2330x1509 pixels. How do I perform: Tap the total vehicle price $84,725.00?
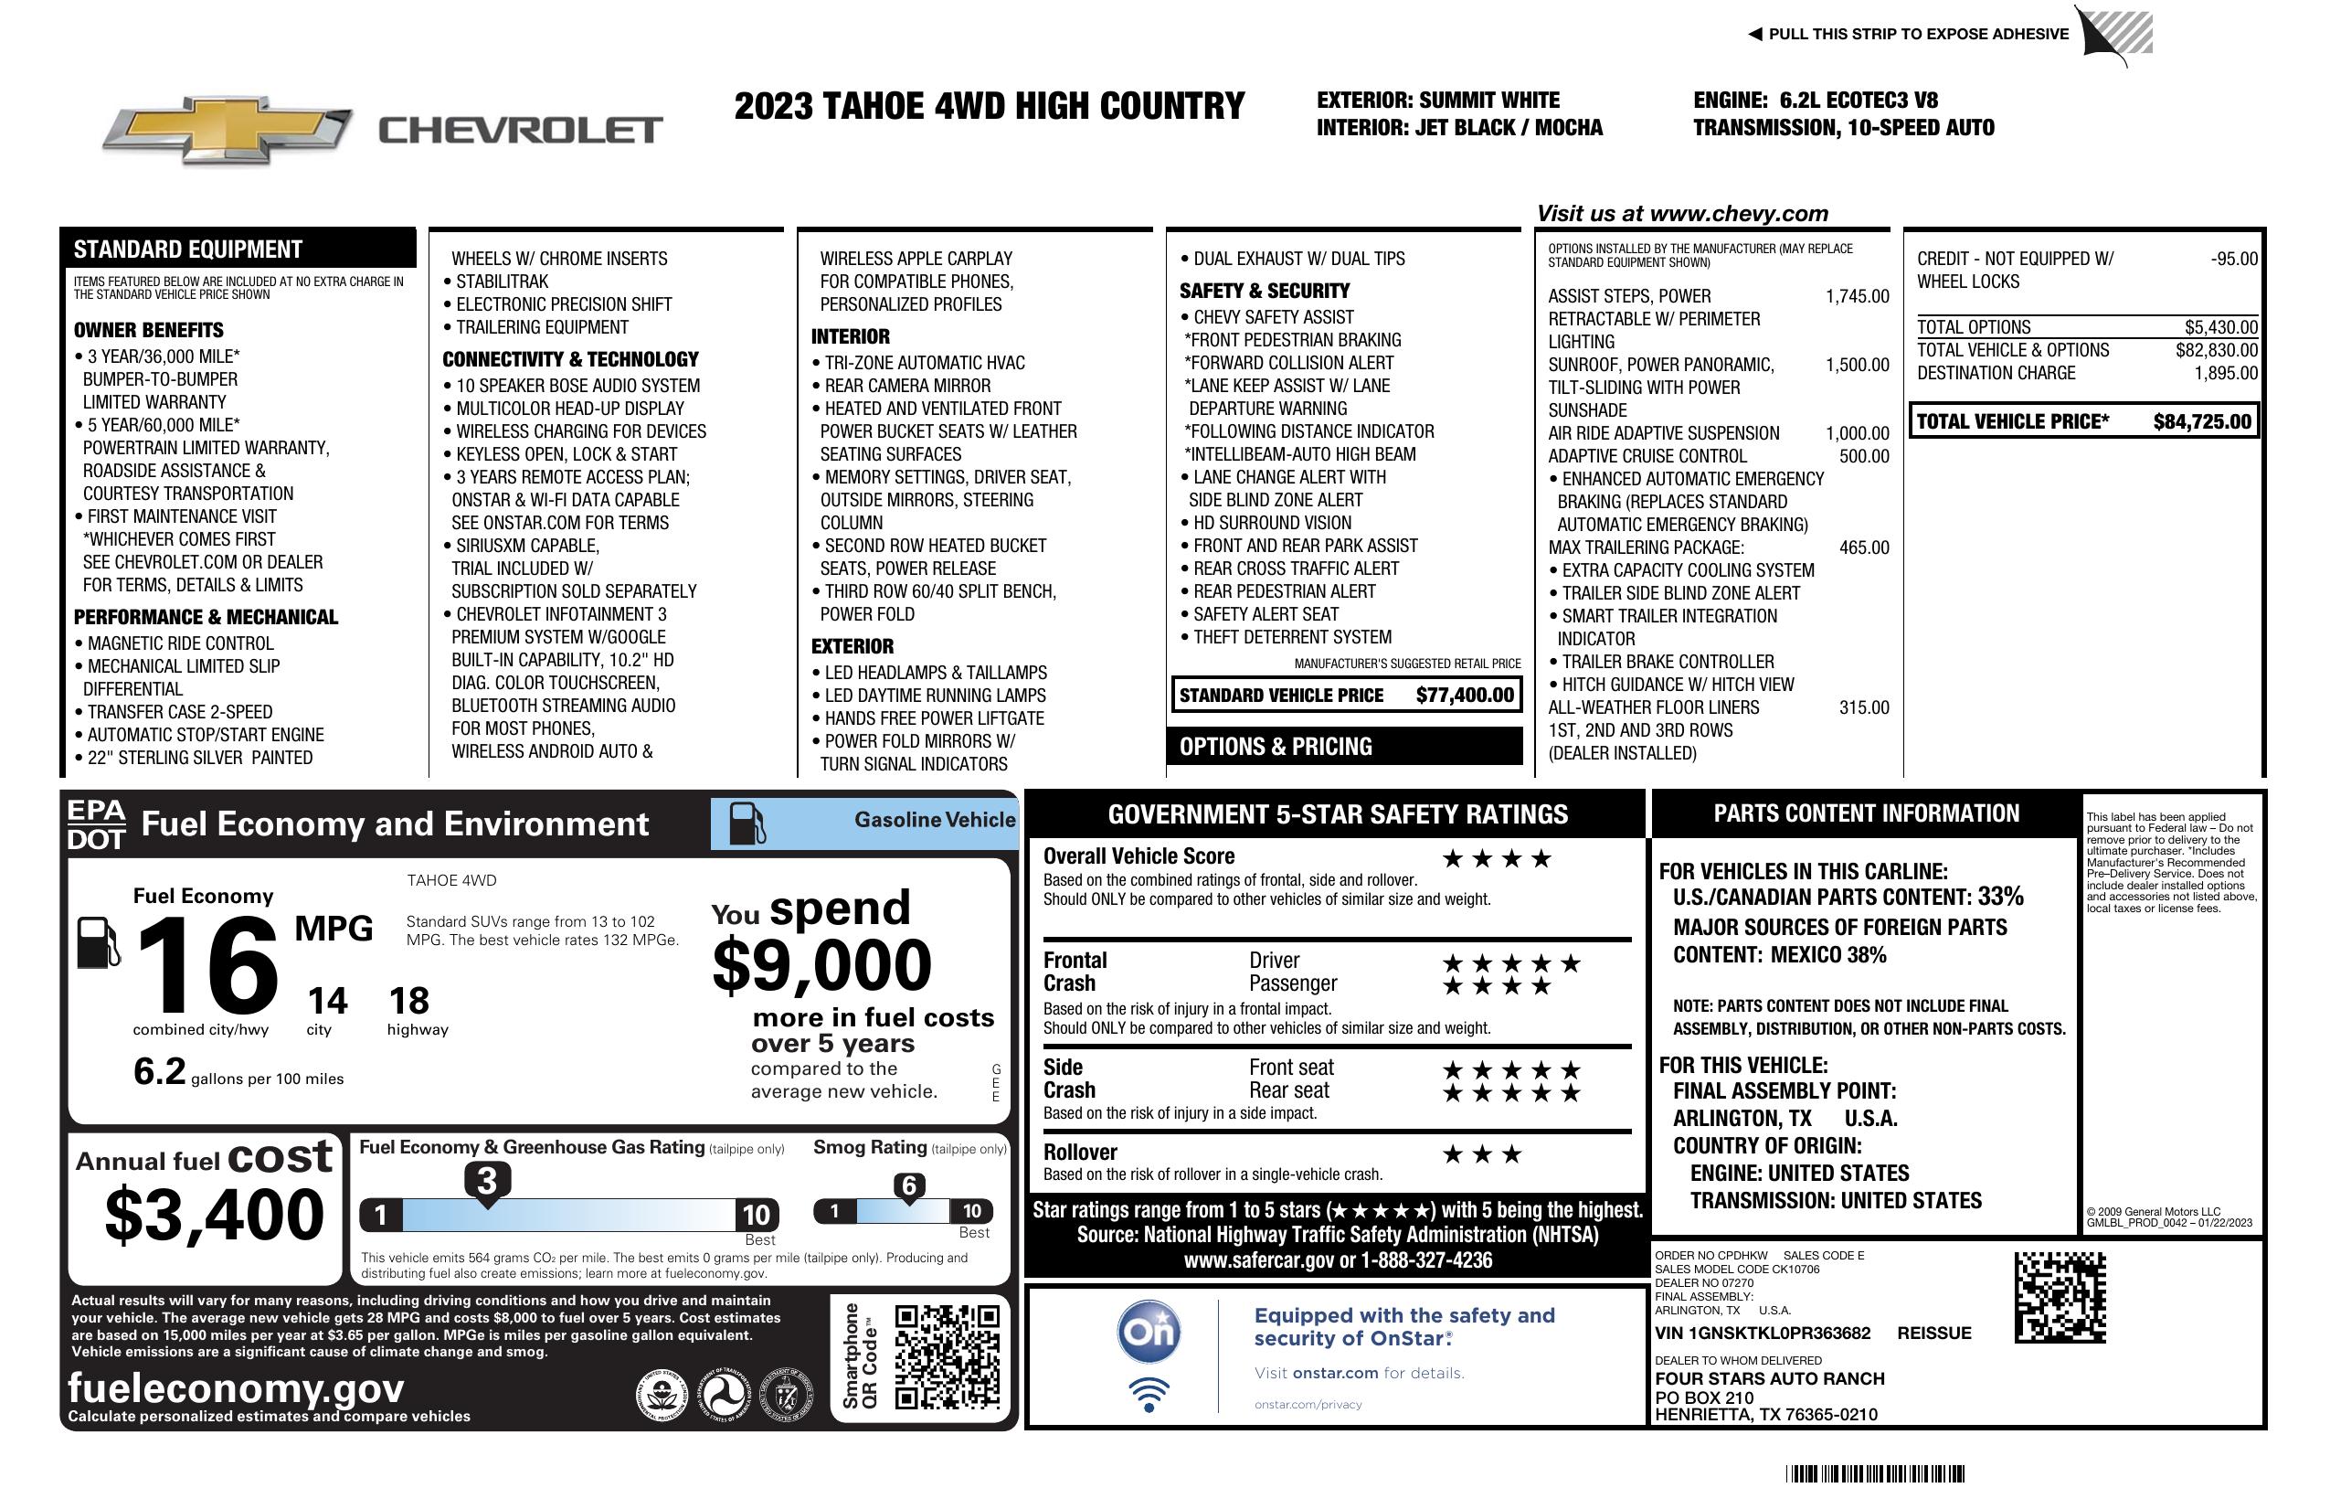click(2202, 422)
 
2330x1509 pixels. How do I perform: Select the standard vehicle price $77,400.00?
click(1465, 696)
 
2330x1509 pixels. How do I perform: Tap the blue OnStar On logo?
click(1149, 1332)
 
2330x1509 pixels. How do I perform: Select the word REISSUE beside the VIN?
click(1933, 1333)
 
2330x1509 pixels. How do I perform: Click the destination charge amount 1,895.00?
click(2225, 373)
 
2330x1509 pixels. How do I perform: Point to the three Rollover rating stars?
click(1482, 1154)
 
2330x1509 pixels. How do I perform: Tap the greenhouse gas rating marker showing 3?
click(486, 1181)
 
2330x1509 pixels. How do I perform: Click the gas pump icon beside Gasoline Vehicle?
click(747, 824)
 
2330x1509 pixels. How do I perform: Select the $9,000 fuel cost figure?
click(821, 965)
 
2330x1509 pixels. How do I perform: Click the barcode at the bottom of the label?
click(1875, 1473)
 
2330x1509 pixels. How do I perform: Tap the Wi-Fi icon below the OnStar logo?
click(1149, 1394)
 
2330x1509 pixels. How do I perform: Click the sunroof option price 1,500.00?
click(1856, 366)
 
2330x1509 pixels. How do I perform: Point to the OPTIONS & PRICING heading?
click(1276, 746)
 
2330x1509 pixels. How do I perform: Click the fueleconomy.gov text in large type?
click(236, 1387)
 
